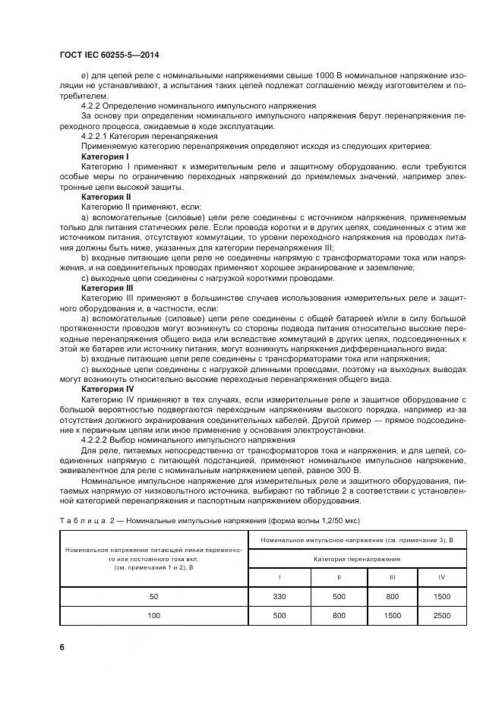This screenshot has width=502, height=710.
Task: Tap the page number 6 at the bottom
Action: point(62,646)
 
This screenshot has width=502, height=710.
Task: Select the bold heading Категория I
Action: point(105,156)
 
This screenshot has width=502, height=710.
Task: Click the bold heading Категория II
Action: point(106,196)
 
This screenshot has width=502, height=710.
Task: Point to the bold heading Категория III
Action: point(107,289)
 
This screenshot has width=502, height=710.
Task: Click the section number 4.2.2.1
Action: point(95,136)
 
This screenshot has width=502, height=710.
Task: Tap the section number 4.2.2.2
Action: point(95,440)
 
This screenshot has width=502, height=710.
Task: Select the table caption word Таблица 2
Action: point(84,520)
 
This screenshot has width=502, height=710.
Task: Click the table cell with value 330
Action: point(278,597)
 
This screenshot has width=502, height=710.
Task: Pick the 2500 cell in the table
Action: point(441,615)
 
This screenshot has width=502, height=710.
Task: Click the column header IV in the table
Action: point(441,578)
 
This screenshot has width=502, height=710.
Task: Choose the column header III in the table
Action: point(392,578)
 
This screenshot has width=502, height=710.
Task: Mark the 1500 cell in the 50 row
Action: point(441,597)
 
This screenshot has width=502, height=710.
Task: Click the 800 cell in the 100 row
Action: point(338,615)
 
